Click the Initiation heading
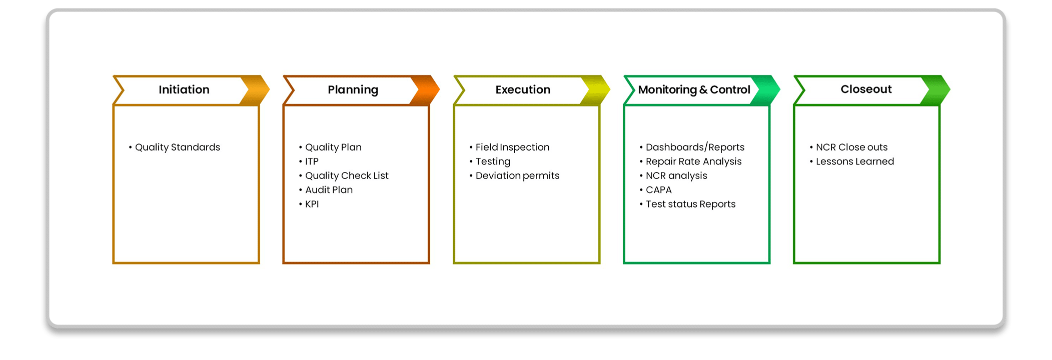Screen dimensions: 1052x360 click(x=184, y=89)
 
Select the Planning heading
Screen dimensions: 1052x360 click(x=353, y=90)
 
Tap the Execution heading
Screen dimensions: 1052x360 click(x=523, y=89)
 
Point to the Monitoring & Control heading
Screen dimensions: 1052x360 click(x=694, y=90)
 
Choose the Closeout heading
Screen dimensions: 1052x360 click(x=866, y=89)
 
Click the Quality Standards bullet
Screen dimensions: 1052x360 click(x=175, y=147)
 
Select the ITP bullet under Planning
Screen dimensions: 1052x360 click(x=309, y=161)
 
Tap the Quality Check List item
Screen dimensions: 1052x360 click(x=344, y=176)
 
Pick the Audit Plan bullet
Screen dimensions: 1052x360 click(x=326, y=190)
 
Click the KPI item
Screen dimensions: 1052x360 click(x=309, y=204)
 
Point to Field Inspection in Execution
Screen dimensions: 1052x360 click(x=509, y=147)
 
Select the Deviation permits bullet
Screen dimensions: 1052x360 click(x=514, y=176)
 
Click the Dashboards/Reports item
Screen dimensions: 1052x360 click(x=692, y=147)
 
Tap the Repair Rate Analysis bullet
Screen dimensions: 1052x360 click(x=690, y=161)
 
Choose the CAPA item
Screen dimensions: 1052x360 click(x=655, y=190)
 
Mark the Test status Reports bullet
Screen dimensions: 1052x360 click(x=687, y=204)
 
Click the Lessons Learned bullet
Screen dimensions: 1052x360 click(x=851, y=161)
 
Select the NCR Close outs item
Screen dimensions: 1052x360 click(x=848, y=147)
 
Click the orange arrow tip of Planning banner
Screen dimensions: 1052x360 click(x=439, y=90)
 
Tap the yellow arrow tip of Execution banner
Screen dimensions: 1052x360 click(x=609, y=90)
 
